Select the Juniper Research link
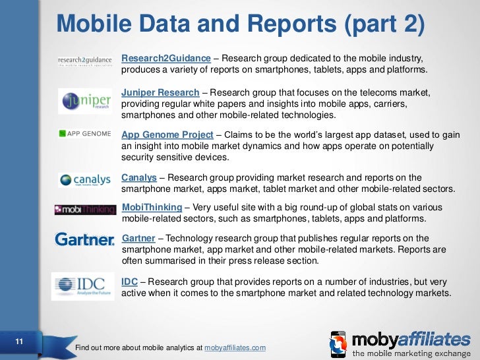click(160, 92)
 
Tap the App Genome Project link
click(167, 135)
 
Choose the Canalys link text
click(138, 177)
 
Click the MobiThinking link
click(152, 208)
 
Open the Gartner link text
click(138, 238)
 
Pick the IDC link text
click(129, 282)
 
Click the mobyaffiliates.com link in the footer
click(235, 347)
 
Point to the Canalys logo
click(84, 180)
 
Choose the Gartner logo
click(84, 239)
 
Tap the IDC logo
click(84, 285)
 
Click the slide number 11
click(19, 341)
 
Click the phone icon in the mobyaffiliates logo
click(338, 344)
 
